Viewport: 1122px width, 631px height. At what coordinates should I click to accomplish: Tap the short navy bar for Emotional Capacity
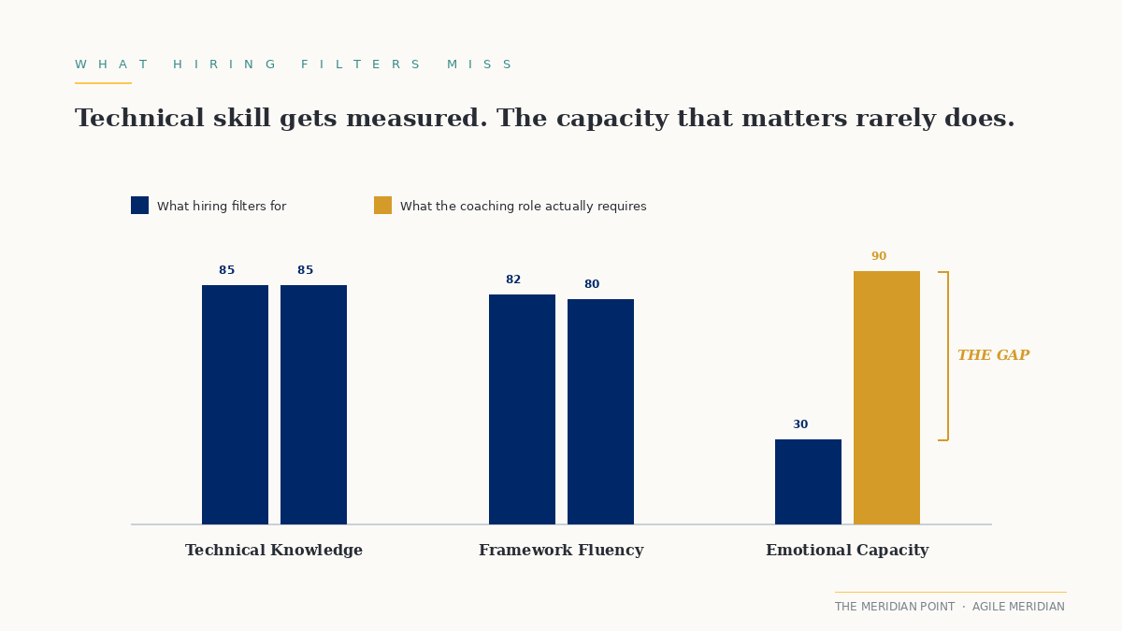[808, 481]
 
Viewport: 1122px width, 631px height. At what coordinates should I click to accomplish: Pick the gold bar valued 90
[886, 397]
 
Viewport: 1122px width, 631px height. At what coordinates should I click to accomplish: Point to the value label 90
[879, 257]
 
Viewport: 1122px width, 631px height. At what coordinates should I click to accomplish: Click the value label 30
[800, 425]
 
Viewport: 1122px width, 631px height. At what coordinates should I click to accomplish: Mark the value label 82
[513, 280]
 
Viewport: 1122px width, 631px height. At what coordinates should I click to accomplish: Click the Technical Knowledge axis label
[274, 551]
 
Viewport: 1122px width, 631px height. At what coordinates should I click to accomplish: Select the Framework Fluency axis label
[561, 551]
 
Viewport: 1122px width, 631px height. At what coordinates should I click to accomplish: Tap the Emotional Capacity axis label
[847, 551]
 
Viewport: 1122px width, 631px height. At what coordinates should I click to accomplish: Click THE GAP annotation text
[993, 356]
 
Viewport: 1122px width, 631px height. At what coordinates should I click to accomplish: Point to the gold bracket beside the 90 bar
[946, 356]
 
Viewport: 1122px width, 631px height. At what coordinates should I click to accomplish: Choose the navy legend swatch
[139, 206]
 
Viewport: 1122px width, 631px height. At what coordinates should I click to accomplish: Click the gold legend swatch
[382, 206]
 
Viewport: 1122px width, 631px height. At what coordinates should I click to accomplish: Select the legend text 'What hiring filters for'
[222, 207]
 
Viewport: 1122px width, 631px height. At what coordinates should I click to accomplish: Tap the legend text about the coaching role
[523, 207]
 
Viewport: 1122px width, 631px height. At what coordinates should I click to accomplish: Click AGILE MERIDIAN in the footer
[1018, 607]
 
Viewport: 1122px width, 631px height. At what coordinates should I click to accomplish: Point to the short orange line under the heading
[103, 83]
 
